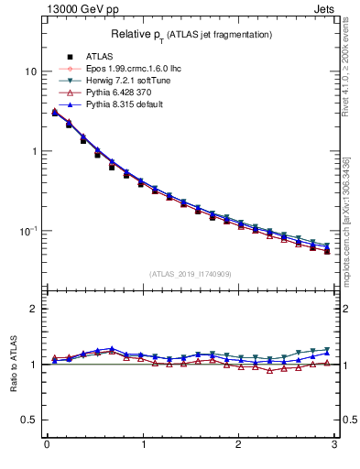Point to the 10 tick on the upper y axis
(31, 71)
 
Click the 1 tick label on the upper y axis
(34, 151)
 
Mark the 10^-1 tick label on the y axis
(28, 230)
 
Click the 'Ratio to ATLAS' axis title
(13, 364)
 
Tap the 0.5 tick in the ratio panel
(30, 420)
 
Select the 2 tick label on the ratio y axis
(34, 309)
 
